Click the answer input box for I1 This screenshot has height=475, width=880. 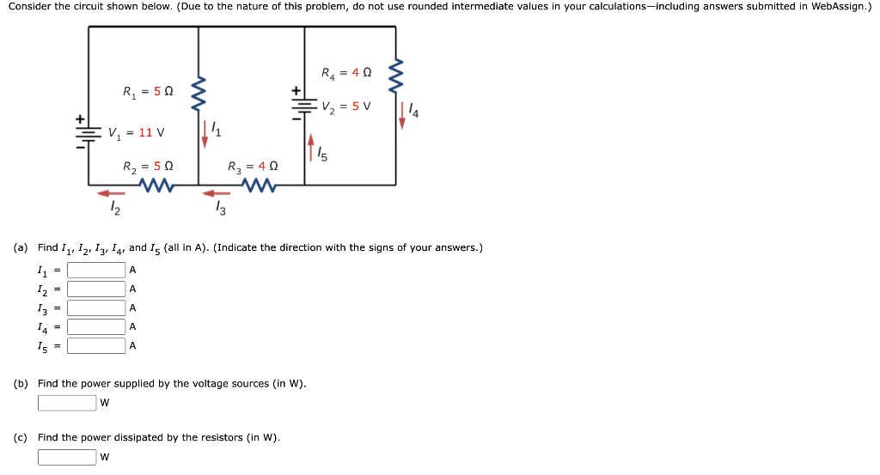(96, 270)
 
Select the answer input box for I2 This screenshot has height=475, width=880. (96, 289)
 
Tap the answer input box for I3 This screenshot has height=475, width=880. (96, 308)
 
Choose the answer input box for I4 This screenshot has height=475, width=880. (96, 326)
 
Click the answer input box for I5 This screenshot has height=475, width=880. (96, 346)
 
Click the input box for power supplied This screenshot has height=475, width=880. (67, 403)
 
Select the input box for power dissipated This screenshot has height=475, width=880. (67, 457)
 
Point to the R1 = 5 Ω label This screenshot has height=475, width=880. (148, 91)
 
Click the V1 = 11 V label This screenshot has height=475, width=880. (136, 133)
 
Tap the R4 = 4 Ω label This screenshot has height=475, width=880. (346, 73)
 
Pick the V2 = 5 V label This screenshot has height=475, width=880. (346, 107)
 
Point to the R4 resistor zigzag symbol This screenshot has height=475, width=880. (396, 76)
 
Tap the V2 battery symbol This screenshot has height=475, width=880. (303, 103)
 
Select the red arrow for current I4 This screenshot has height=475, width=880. (401, 115)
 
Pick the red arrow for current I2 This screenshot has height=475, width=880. (110, 193)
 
